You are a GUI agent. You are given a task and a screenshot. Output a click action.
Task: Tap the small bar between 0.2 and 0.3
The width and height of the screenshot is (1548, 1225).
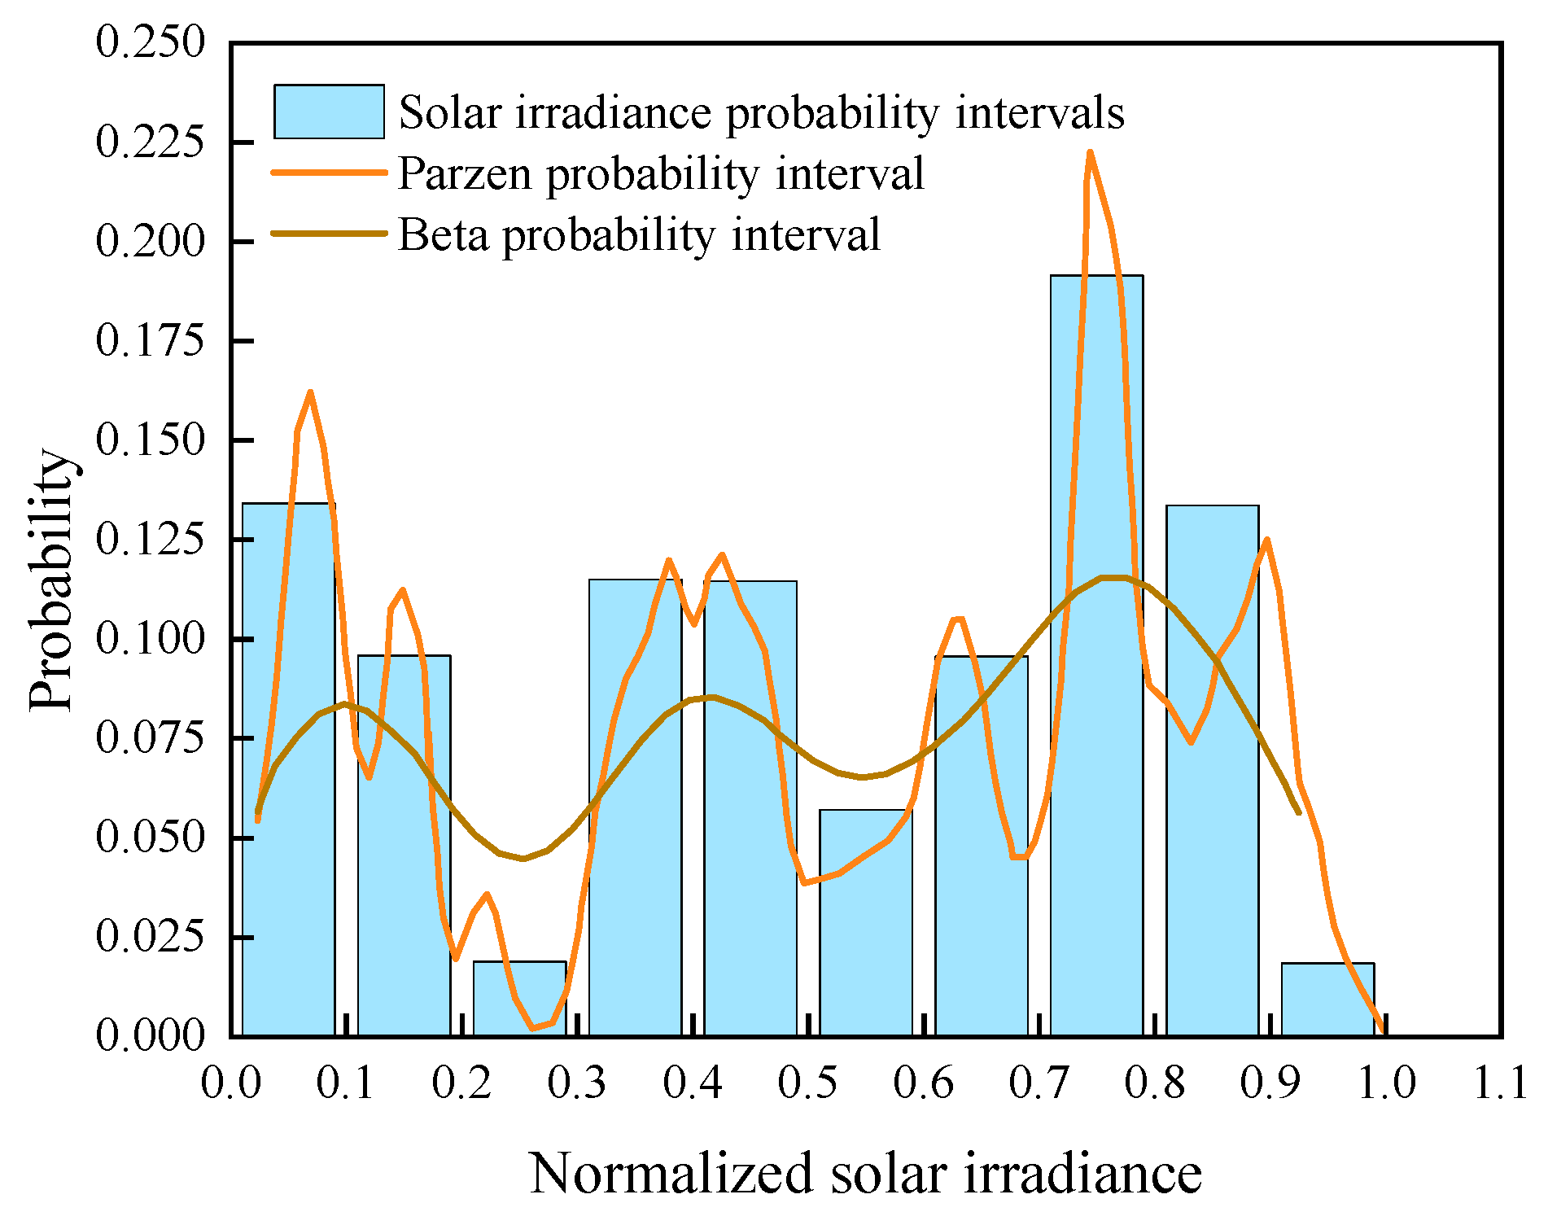point(519,999)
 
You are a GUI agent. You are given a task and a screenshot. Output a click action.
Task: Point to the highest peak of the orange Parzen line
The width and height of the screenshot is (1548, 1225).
point(1090,153)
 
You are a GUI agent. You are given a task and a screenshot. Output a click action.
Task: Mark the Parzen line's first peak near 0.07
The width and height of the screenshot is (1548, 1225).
point(310,393)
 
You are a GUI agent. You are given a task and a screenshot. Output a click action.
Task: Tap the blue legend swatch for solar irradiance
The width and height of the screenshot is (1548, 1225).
point(329,112)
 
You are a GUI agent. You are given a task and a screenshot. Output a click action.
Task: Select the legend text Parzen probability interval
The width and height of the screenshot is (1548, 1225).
point(660,173)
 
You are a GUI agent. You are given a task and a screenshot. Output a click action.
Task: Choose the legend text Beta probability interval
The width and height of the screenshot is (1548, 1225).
point(639,234)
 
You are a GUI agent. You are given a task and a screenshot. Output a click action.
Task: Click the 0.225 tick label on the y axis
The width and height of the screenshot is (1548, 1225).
point(151,142)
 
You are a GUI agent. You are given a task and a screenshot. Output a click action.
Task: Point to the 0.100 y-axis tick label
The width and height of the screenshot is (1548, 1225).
point(151,638)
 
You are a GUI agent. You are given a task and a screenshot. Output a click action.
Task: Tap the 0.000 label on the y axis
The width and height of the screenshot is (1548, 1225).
point(151,1035)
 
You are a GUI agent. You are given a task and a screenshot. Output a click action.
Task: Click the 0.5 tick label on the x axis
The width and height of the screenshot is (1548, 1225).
point(807,1083)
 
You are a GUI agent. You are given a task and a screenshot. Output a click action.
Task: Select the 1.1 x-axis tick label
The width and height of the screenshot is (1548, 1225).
point(1500,1083)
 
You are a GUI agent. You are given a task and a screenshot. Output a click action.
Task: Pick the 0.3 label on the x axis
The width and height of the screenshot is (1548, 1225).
point(576,1083)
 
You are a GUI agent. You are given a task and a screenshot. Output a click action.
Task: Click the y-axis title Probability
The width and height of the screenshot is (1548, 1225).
point(52,580)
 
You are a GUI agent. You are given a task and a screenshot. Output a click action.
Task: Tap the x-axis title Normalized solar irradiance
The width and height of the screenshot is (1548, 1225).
point(865,1173)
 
